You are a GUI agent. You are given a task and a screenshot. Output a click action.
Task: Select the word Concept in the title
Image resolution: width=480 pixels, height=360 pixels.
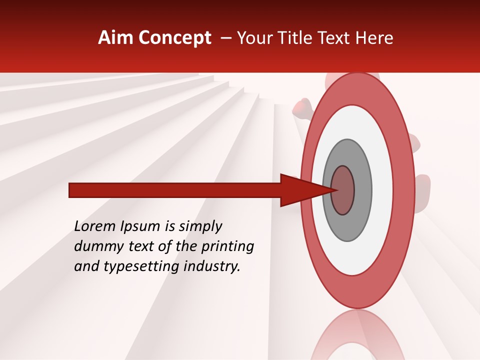pyautogui.click(x=175, y=38)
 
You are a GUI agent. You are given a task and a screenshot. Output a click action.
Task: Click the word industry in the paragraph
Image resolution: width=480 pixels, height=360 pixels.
pyautogui.click(x=209, y=266)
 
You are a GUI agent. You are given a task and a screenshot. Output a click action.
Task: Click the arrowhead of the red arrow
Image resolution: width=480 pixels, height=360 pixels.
pyautogui.click(x=300, y=190)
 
